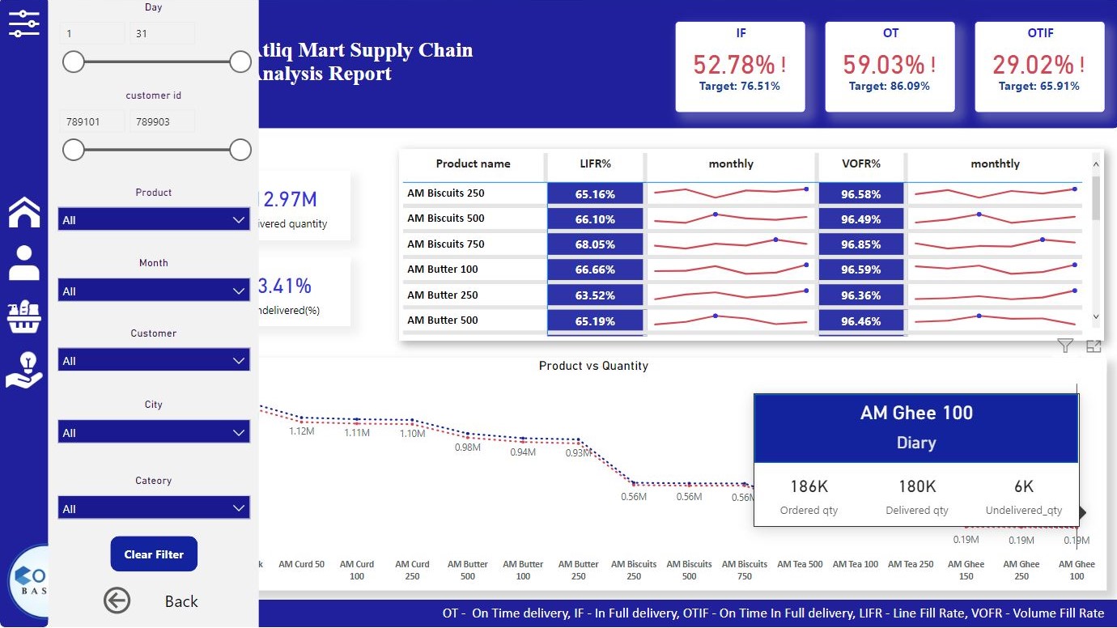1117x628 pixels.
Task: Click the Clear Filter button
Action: [154, 554]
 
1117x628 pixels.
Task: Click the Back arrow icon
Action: [117, 600]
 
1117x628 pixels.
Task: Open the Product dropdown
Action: [154, 219]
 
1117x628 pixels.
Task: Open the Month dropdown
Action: [154, 291]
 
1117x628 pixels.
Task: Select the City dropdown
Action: [154, 432]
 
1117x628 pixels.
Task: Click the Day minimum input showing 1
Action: [92, 34]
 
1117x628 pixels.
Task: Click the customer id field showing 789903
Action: [162, 121]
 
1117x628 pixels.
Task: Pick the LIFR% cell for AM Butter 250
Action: [595, 295]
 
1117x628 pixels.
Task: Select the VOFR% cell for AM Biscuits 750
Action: [860, 244]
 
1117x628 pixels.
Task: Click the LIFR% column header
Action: [595, 163]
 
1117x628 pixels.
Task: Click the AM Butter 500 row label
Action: [443, 320]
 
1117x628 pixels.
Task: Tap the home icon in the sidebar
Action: [24, 212]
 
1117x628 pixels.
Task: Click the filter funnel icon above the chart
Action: [1065, 346]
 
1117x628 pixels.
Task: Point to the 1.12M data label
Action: [301, 431]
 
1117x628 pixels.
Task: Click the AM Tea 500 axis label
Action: [800, 564]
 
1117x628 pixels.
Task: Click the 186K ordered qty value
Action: [809, 486]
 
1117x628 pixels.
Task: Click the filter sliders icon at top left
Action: [23, 23]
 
